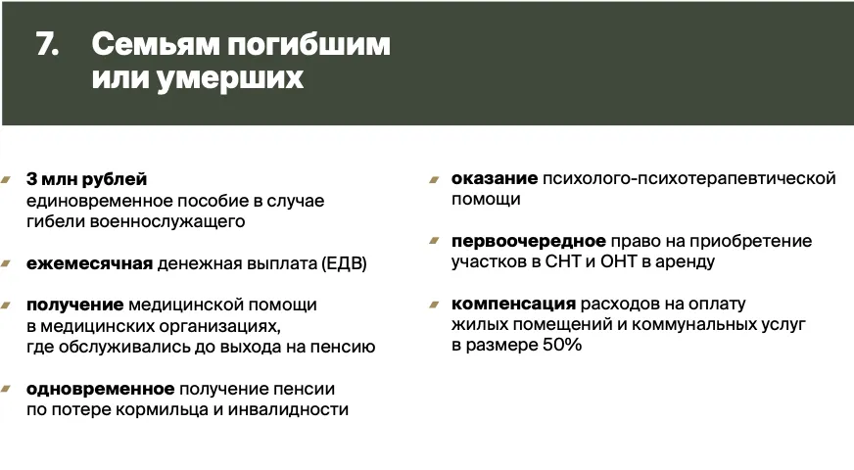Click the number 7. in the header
point(47,44)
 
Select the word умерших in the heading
point(230,78)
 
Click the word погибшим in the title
point(308,44)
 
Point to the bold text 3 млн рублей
point(86,179)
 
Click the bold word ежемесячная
point(89,263)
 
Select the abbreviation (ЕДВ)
point(344,263)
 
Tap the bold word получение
point(74,305)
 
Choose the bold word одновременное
point(100,390)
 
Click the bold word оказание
point(494,178)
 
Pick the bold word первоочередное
point(528,241)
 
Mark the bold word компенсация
point(513,304)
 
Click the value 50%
point(562,345)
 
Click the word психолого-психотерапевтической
point(688,178)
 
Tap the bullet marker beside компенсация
point(434,305)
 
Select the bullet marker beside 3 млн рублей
point(6,180)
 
